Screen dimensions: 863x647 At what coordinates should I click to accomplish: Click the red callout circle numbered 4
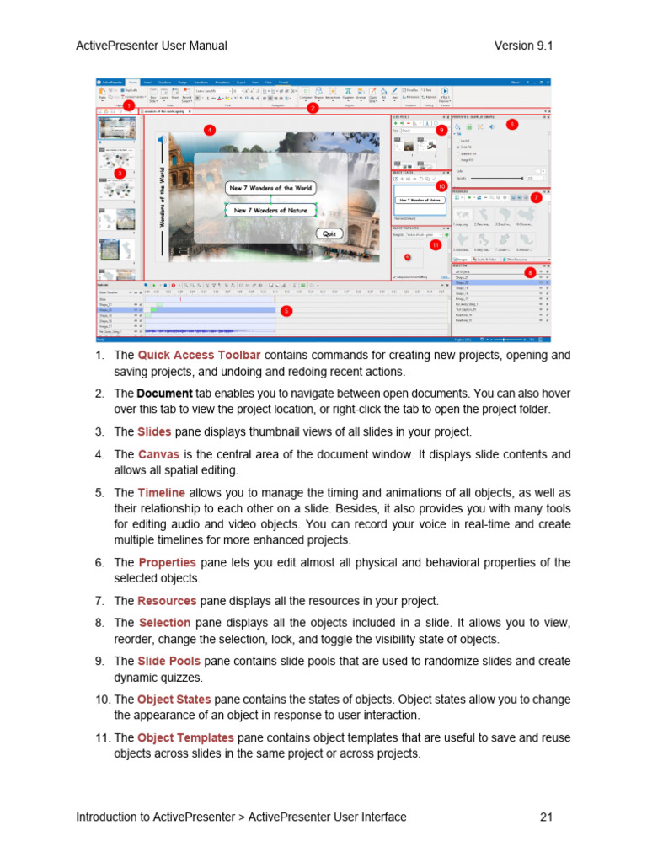(209, 130)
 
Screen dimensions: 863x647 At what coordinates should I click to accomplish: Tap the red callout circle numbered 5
(286, 311)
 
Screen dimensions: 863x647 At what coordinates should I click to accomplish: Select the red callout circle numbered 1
(128, 106)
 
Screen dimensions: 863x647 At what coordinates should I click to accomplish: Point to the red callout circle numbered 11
(435, 245)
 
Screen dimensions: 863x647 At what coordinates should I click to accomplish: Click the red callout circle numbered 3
(120, 173)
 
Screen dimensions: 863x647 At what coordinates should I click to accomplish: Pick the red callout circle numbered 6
(511, 124)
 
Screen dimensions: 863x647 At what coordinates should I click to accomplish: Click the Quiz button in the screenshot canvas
(330, 233)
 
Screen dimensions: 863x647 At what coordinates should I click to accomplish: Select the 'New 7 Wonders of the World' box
(269, 188)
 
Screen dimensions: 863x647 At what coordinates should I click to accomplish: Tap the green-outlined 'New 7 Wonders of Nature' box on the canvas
(270, 210)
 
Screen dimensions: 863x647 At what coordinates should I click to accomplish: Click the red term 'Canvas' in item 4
(158, 454)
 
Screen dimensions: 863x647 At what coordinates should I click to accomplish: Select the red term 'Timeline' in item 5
(162, 493)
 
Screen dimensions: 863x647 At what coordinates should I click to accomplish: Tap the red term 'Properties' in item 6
(167, 562)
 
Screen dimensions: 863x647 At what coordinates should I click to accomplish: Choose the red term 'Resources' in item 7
(167, 601)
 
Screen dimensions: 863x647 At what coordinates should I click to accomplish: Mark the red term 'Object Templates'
(185, 738)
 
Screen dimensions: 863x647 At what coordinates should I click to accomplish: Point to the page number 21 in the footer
(544, 817)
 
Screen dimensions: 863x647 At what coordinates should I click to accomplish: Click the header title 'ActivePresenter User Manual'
(152, 46)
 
